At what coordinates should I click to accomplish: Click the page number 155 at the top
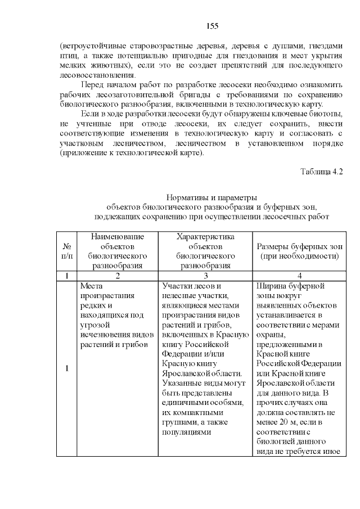pos(212,26)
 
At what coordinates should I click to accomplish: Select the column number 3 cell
pos(206,276)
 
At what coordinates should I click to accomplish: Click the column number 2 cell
pos(118,276)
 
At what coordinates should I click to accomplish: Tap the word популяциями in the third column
pos(186,432)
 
